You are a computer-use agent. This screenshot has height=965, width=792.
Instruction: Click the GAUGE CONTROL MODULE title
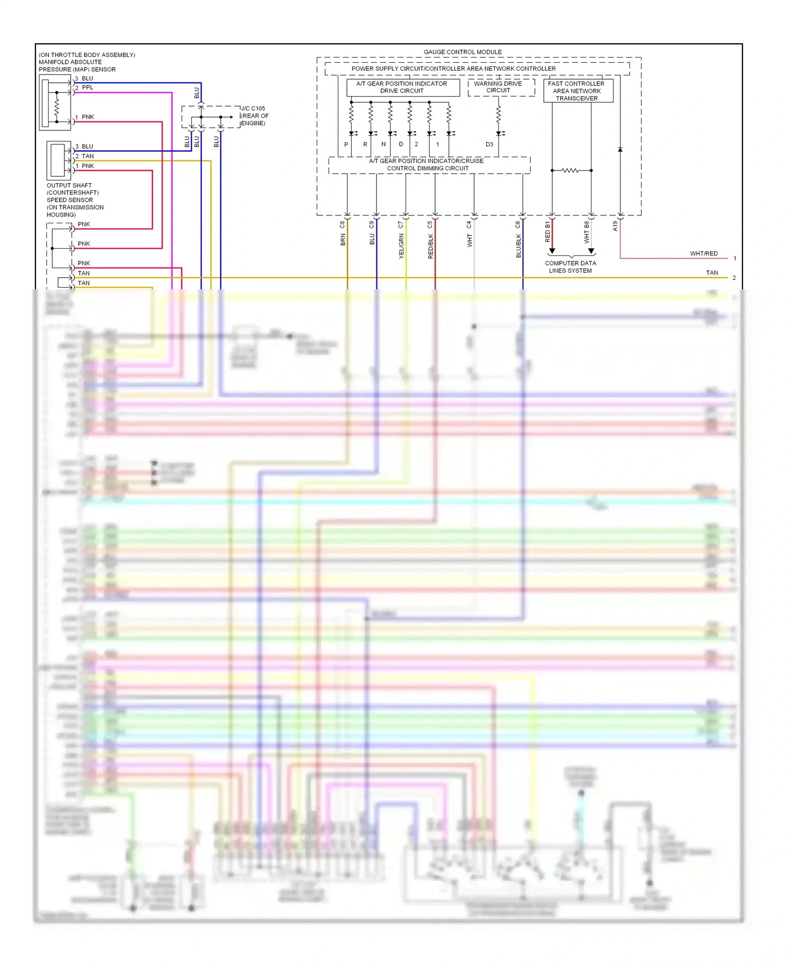(463, 52)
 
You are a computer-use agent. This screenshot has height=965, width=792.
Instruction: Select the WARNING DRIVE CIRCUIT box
(498, 87)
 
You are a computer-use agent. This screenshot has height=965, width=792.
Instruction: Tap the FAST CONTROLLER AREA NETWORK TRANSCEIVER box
(577, 91)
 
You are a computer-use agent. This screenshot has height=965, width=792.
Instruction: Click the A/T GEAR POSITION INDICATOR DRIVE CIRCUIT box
(402, 87)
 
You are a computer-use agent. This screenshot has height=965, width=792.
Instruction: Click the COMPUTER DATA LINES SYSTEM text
(570, 267)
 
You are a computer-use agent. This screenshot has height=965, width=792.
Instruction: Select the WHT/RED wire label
(703, 253)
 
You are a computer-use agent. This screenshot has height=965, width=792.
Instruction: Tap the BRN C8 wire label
(343, 233)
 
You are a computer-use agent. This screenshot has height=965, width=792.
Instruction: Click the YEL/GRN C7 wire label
(401, 240)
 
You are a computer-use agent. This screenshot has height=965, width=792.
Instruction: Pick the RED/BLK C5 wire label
(430, 240)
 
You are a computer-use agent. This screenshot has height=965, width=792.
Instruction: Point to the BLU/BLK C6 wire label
(518, 240)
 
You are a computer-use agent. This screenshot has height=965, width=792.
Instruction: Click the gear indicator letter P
(346, 144)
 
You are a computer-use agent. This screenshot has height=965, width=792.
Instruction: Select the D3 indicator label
(489, 144)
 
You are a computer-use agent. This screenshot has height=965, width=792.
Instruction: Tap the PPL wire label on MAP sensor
(88, 88)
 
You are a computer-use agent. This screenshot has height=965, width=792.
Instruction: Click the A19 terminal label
(615, 226)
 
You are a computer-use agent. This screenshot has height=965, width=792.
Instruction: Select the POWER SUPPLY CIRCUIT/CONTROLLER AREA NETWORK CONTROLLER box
(454, 69)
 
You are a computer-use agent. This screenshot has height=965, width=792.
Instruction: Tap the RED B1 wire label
(548, 232)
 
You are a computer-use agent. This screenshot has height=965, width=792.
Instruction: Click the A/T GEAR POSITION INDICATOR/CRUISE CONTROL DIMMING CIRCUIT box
(427, 165)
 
